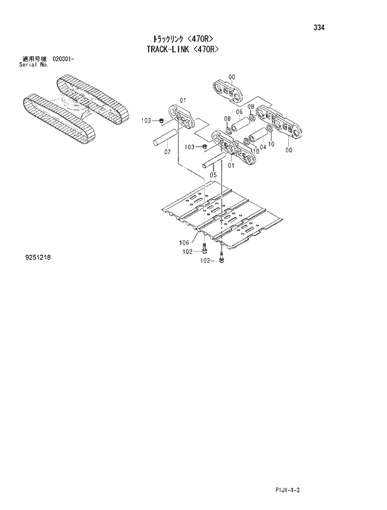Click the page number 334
pos(319,27)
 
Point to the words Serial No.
pos(34,64)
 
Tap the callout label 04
pos(263,147)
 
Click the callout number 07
pos(167,152)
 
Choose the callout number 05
pos(213,175)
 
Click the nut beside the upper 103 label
pos(161,120)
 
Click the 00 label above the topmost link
pos(232,77)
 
